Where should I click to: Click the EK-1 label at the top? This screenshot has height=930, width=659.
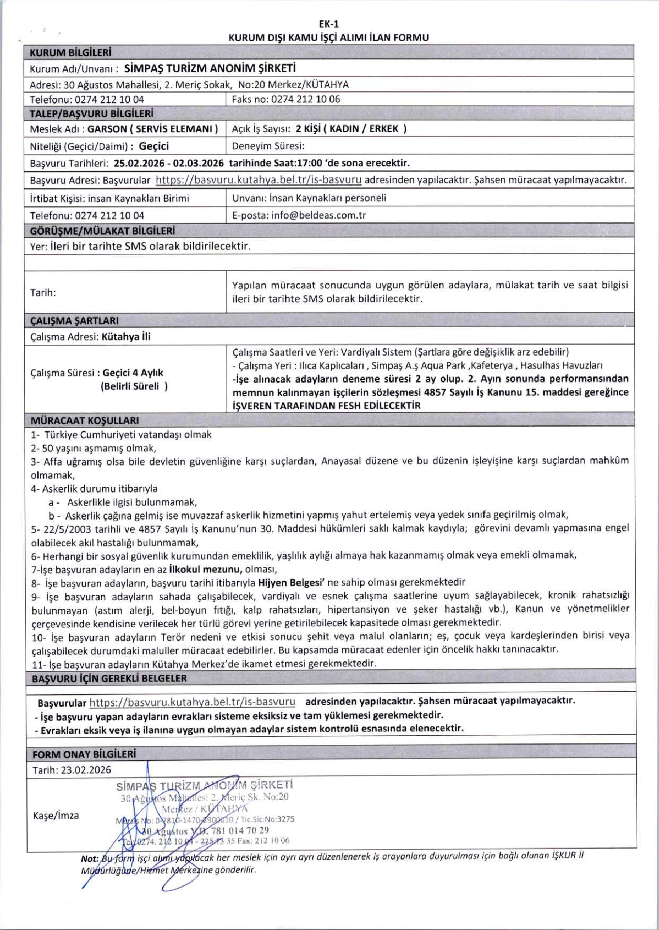[329, 24]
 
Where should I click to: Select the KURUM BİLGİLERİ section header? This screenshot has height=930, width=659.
[71, 52]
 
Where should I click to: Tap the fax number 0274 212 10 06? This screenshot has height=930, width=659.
[306, 99]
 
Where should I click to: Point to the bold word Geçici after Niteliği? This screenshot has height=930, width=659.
[153, 146]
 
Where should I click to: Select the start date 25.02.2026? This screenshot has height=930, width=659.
[139, 163]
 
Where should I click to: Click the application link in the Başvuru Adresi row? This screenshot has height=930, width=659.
[259, 180]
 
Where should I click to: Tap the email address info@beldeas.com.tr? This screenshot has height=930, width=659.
[319, 216]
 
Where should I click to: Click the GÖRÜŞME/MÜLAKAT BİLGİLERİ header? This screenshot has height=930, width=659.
[102, 231]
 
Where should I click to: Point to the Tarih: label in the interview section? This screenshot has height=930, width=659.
[43, 293]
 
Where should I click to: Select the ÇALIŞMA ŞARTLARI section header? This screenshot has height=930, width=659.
[74, 321]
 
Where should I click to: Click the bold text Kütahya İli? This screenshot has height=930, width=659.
[126, 337]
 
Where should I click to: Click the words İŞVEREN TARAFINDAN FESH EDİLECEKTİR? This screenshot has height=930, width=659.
[326, 406]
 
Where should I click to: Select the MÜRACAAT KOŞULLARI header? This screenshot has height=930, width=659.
[85, 420]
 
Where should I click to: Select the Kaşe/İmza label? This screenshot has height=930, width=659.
[56, 816]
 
